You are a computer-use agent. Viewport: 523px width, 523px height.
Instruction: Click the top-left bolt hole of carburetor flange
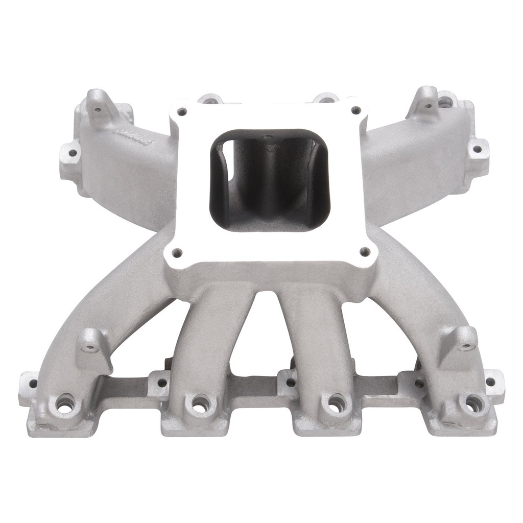tap(182, 111)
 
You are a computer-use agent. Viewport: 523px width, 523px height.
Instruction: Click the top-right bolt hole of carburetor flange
tap(356, 110)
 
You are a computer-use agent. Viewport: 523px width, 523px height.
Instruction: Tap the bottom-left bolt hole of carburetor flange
tap(177, 252)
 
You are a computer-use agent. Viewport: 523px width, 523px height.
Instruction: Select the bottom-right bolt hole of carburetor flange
tap(365, 251)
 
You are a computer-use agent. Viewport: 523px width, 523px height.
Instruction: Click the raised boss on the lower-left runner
tap(91, 343)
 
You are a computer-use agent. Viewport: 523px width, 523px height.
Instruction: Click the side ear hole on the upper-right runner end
tap(477, 149)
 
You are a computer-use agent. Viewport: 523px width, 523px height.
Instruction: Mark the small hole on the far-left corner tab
tap(32, 383)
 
